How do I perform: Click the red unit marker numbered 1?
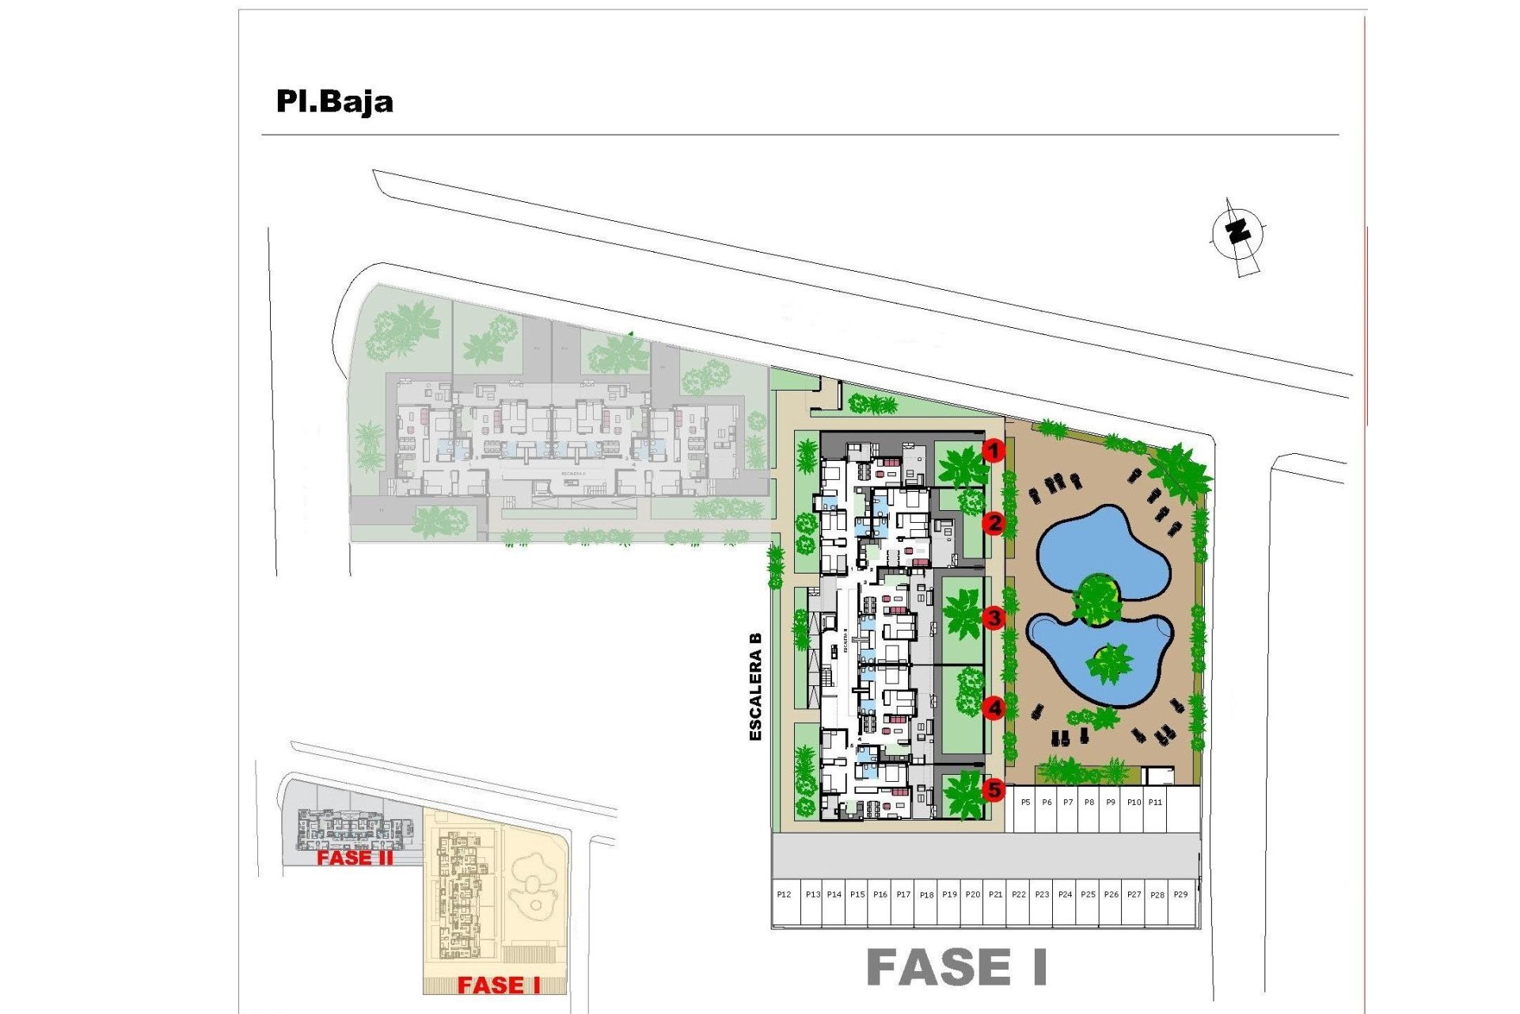click(994, 452)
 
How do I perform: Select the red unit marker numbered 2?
click(994, 523)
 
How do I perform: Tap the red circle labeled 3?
click(994, 618)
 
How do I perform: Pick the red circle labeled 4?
click(994, 707)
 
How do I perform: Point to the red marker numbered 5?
click(994, 789)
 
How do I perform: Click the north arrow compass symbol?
click(1238, 234)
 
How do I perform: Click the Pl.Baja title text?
click(334, 101)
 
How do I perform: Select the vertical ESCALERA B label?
click(755, 686)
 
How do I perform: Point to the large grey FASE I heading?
click(957, 967)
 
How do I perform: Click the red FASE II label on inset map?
click(355, 857)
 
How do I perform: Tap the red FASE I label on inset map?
click(498, 985)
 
